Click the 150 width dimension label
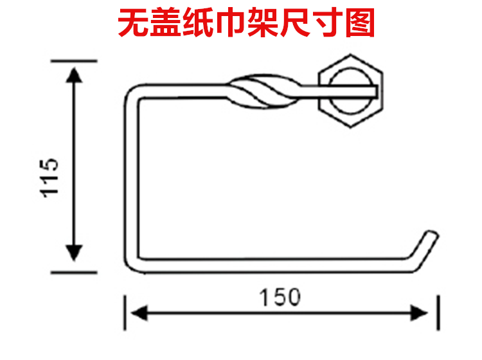tap(280, 298)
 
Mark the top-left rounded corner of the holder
tap(132, 93)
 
